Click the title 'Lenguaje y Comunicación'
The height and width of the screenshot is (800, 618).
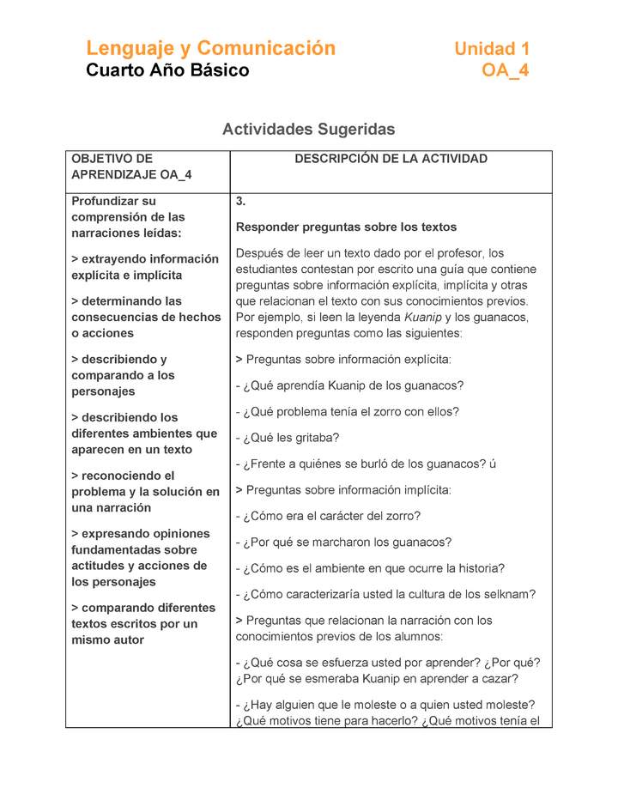coord(210,48)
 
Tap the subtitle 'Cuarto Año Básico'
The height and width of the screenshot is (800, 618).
coord(167,70)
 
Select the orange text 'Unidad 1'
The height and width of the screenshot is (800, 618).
coord(492,49)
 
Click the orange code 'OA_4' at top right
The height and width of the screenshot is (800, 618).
coord(506,70)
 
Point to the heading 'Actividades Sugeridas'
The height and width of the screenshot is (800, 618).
coord(308,130)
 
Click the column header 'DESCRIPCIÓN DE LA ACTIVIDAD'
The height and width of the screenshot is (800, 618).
coord(391,159)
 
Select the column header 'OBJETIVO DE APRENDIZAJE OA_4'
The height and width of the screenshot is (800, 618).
coord(130,167)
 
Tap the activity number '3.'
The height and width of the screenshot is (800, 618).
coord(241,202)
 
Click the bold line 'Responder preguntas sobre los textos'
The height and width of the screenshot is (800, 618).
coord(346,227)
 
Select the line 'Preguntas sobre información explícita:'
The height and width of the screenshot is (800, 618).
coord(348,359)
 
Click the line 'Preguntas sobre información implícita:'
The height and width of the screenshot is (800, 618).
coord(348,490)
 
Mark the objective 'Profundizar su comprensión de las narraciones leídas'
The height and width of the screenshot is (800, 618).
coord(128,217)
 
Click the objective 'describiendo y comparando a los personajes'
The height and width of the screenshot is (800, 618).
coord(123,375)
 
